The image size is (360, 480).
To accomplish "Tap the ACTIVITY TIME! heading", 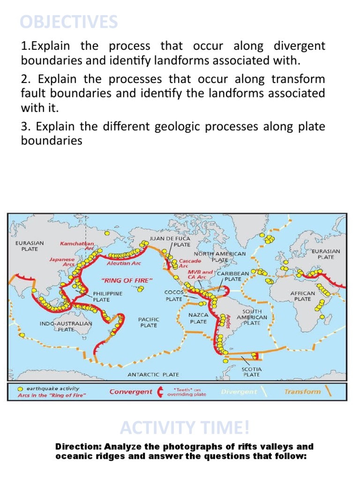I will click(185, 427).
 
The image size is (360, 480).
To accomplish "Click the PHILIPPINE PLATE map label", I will click(108, 296).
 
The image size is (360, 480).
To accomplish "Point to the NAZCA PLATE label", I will click(198, 318).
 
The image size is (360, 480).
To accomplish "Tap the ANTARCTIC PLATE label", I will click(153, 375).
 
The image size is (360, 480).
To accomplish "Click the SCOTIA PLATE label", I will click(252, 372).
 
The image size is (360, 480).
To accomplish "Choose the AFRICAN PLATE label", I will click(302, 296).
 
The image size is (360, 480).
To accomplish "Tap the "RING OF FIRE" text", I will click(127, 280).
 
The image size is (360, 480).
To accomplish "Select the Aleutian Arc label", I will click(124, 263).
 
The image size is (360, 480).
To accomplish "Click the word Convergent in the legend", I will click(131, 391).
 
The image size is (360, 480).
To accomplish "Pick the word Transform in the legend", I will click(302, 391).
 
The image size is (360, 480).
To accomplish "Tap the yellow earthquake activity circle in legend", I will click(21, 389).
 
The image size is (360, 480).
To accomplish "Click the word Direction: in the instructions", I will click(78, 447).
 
